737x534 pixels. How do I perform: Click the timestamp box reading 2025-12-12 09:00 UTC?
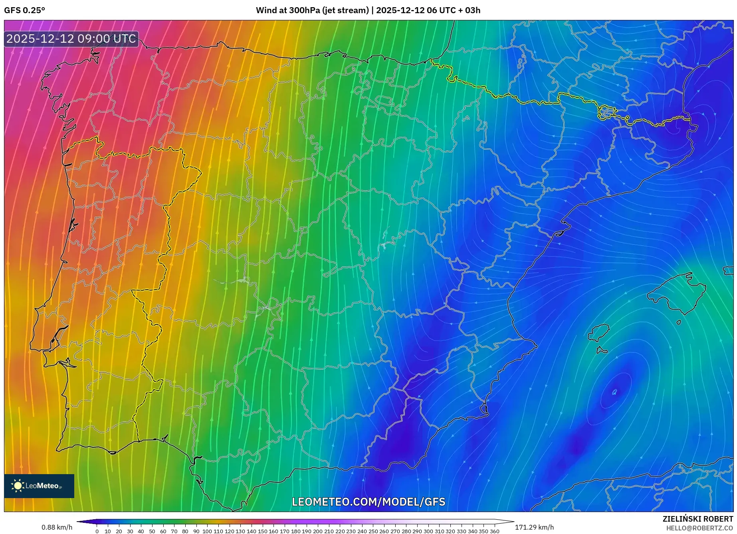click(x=71, y=39)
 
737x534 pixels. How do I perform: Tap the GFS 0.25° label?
click(x=24, y=10)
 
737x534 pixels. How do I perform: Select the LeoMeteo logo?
click(x=39, y=486)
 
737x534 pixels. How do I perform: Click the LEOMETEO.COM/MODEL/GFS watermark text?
click(x=368, y=502)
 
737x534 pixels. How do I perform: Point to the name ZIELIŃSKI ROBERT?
click(x=698, y=519)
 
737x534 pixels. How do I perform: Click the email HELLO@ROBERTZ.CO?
click(x=699, y=528)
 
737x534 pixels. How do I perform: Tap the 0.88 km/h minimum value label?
click(x=57, y=527)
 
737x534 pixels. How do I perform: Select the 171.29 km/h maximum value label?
click(x=534, y=527)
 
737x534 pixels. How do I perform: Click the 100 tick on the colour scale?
click(x=207, y=531)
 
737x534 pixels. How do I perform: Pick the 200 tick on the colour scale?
click(x=317, y=531)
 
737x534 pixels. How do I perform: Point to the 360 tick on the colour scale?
click(x=494, y=531)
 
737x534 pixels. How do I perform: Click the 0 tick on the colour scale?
click(x=97, y=531)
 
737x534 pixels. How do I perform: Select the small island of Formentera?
click(x=602, y=351)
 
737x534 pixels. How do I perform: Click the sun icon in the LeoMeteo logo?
click(x=18, y=486)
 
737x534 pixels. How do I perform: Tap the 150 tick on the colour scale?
click(x=262, y=531)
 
